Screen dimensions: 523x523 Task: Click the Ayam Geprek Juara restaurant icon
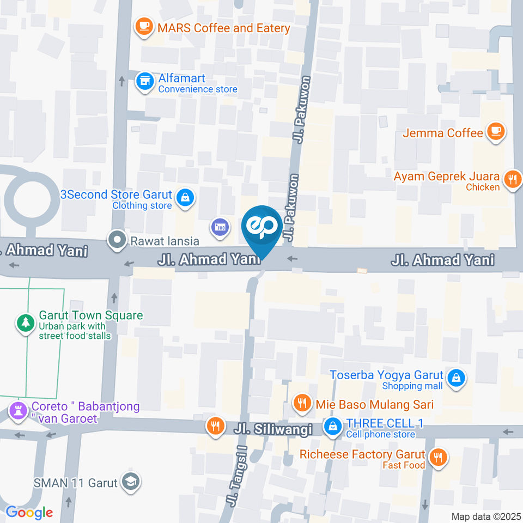tap(511, 179)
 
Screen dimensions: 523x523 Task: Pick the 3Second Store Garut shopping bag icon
tap(186, 197)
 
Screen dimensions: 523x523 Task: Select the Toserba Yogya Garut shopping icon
tap(455, 378)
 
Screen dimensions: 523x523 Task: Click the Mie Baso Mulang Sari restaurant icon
tap(301, 404)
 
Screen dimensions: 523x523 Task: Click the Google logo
tap(29, 512)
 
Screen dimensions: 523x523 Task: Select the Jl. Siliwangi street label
tap(273, 429)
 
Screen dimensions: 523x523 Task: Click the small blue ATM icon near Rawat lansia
tap(220, 226)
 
